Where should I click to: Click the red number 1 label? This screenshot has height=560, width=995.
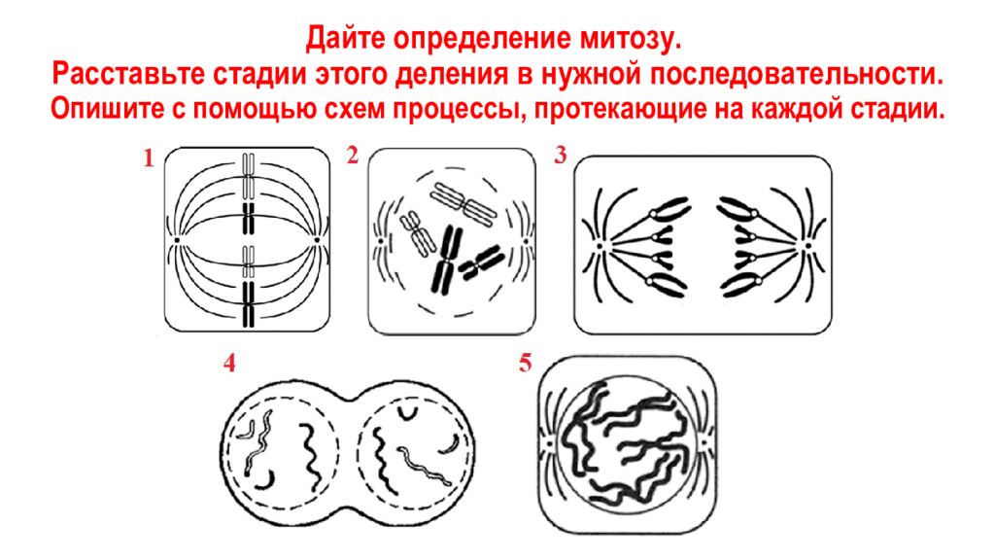click(149, 158)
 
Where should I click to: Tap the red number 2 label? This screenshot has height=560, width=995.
click(353, 156)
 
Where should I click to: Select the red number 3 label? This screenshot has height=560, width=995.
click(560, 156)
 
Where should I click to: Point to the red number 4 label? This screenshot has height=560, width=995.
click(229, 364)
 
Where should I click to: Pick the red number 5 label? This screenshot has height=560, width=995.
click(525, 364)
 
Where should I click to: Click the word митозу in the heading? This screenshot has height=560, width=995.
click(629, 39)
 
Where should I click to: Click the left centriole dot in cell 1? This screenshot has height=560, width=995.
click(178, 240)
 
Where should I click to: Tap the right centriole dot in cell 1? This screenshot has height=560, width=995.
click(317, 240)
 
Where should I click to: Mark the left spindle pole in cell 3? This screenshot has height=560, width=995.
click(599, 246)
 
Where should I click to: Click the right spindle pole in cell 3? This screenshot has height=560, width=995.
click(807, 245)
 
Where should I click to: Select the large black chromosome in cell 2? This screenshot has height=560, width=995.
click(446, 259)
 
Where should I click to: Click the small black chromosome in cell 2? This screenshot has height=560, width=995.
click(482, 263)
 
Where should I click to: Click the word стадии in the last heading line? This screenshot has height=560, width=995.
click(905, 109)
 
